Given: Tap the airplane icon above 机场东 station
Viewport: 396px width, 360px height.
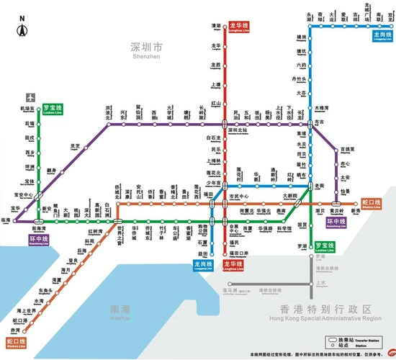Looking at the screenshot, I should [30, 98].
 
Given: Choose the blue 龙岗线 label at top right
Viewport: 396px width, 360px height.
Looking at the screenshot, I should [381, 35].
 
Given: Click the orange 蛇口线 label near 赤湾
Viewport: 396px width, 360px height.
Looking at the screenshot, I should [16, 342].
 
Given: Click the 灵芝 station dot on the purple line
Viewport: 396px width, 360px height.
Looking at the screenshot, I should [76, 152].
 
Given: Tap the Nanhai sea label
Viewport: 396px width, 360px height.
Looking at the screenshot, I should [120, 312].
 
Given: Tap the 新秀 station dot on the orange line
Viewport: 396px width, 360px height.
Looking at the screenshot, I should [356, 204].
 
